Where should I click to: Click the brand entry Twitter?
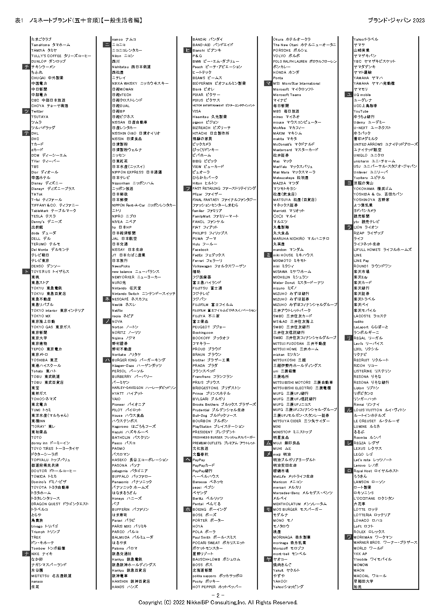pyautogui.click(x=38, y=111)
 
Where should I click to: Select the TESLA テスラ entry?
pyautogui.click(x=43, y=216)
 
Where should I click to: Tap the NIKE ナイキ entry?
pyautogui.click(x=42, y=554)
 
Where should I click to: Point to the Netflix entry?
pyautogui.click(x=117, y=310)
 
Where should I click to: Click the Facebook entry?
pyautogui.click(x=200, y=249)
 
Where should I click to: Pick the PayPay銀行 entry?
pyautogui.click(x=203, y=471)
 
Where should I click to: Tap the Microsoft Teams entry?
pyautogui.click(x=287, y=95)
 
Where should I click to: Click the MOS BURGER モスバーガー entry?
pyautogui.click(x=298, y=509)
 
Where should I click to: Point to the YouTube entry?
pyautogui.click(x=361, y=111)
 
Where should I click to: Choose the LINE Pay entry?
pyautogui.click(x=361, y=261)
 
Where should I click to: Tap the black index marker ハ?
pyautogui.click(x=107, y=360)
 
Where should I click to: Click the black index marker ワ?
pyautogui.click(x=349, y=537)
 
